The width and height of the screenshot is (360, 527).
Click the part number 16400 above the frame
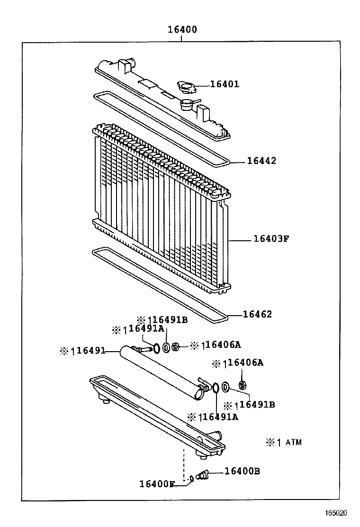[182, 30]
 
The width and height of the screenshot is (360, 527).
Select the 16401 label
[225, 84]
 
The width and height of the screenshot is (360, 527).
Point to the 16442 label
[261, 161]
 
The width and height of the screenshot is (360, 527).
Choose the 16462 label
[258, 314]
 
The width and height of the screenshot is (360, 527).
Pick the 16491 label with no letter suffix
[90, 351]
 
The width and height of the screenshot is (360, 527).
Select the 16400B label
[242, 471]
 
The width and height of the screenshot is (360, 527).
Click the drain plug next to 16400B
[202, 475]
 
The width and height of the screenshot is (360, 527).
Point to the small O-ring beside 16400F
[191, 479]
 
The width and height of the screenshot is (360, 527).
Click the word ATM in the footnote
[294, 443]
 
